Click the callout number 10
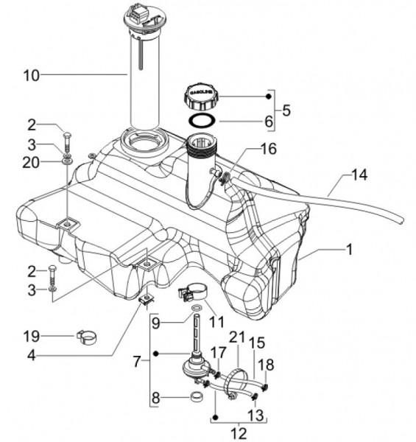click(x=32, y=75)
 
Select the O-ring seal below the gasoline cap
click(x=202, y=119)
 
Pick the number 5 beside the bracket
click(x=286, y=110)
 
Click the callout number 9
click(x=156, y=321)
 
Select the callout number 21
click(x=235, y=338)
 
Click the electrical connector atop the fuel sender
click(x=138, y=13)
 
